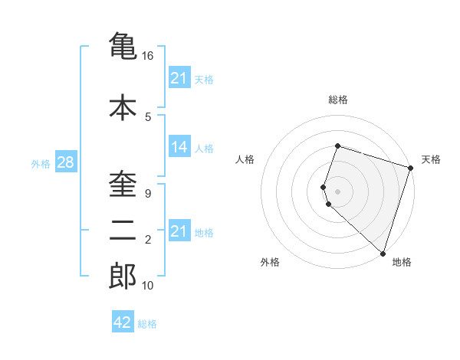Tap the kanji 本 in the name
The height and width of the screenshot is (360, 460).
tap(123, 107)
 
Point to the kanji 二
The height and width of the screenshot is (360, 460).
tap(123, 227)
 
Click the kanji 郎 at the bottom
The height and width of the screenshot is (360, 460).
tap(123, 277)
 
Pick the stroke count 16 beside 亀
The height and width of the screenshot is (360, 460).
tap(148, 56)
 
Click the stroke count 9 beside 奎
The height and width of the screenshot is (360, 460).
tap(147, 193)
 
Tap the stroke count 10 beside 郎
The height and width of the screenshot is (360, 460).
tap(148, 286)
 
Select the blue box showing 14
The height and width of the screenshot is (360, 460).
tap(179, 147)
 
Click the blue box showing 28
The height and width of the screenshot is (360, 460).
tap(65, 162)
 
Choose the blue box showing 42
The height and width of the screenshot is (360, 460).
tap(123, 323)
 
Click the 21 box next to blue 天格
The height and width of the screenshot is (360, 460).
tap(179, 78)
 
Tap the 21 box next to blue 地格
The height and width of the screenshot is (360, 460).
tap(179, 231)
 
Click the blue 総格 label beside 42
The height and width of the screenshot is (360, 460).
tap(147, 324)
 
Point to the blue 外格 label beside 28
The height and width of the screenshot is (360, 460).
tap(41, 163)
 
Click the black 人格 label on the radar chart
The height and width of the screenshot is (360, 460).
tap(245, 159)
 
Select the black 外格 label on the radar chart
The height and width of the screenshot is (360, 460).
tap(270, 262)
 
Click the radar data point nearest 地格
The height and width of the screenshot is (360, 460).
tap(383, 253)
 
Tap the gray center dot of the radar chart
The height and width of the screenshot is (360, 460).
tap(337, 191)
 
